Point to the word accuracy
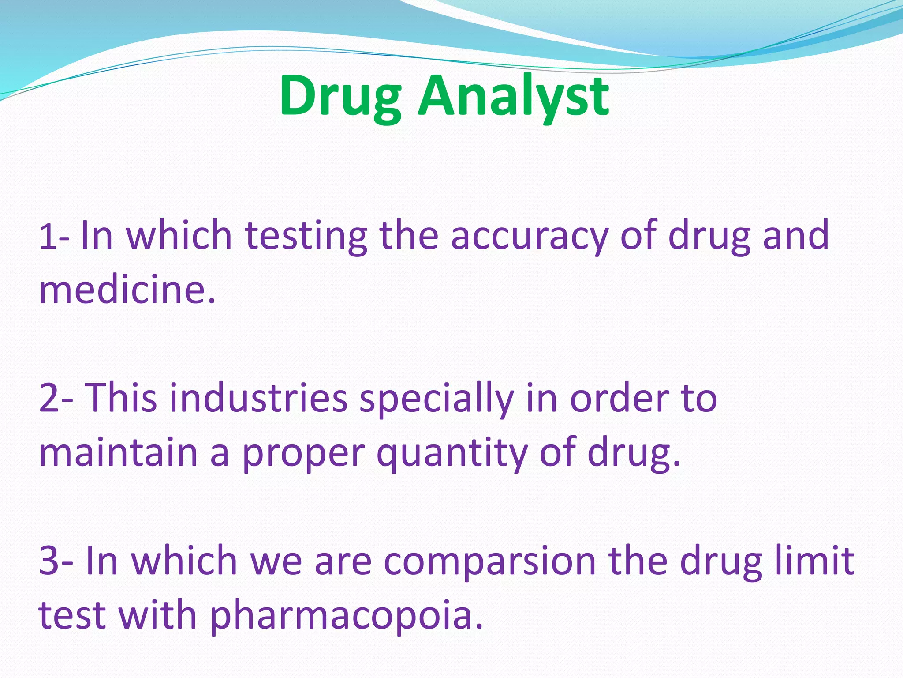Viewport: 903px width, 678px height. [529, 237]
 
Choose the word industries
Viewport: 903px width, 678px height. [258, 398]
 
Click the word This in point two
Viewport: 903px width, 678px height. [120, 398]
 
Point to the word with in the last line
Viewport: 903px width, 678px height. [157, 614]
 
